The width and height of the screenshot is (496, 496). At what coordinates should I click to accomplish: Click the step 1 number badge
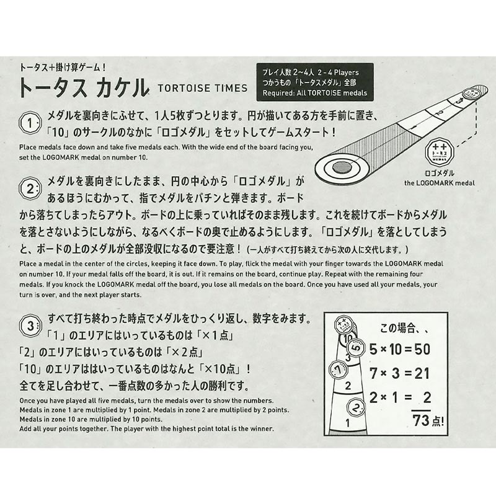coord(30,123)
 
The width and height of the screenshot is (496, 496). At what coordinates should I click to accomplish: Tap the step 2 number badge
coord(30,189)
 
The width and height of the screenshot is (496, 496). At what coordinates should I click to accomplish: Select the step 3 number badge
coord(30,325)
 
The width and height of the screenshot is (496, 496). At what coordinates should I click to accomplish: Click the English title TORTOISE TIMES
coord(203,88)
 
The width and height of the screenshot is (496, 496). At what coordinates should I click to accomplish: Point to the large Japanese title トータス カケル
coord(84,87)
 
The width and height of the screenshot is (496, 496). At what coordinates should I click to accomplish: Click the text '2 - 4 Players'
coord(338,73)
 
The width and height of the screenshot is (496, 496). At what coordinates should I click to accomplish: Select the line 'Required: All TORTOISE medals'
coord(315,93)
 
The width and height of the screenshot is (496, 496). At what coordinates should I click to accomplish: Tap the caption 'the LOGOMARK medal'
coord(440,183)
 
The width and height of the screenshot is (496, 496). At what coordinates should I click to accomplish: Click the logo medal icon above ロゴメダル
coord(440,152)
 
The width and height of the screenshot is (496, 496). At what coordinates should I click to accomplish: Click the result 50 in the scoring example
coord(422,349)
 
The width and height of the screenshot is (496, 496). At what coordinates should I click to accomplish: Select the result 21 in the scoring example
coord(422,374)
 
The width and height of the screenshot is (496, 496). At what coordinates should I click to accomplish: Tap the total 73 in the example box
coord(421,420)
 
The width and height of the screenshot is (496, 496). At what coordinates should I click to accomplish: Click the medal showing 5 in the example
coord(356,348)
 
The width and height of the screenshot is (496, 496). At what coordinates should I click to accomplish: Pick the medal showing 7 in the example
coord(338,370)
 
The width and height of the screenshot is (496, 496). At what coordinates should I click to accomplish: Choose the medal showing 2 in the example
coord(356,407)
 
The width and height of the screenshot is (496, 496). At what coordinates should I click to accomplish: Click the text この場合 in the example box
coord(397,328)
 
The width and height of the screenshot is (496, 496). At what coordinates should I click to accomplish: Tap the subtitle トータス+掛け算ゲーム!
coord(63,67)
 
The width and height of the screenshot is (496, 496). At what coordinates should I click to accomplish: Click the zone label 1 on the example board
coord(348,423)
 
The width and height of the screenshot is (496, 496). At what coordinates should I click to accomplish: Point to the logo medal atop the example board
coord(343,325)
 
